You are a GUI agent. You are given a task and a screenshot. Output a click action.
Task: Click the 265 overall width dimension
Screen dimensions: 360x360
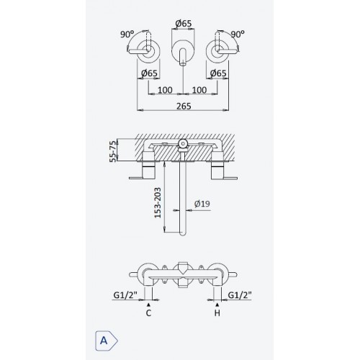(184, 106)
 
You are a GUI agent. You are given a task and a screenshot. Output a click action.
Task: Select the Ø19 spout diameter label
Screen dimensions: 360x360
(202, 204)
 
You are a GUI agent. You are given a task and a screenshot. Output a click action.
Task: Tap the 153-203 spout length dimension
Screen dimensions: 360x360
(158, 203)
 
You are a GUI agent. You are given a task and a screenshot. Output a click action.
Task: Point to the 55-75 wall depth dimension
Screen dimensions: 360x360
(112, 151)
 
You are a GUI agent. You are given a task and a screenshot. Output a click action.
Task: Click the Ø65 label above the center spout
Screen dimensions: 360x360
(184, 24)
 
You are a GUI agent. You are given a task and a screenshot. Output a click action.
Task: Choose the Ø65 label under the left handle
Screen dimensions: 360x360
(149, 73)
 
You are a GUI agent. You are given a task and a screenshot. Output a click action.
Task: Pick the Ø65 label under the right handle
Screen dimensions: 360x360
(218, 73)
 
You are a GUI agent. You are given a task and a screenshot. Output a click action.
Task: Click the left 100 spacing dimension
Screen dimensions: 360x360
(165, 90)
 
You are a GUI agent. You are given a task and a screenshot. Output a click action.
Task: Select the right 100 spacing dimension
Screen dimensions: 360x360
(199, 90)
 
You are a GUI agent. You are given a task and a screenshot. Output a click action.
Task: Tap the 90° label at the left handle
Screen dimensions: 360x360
(127, 35)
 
